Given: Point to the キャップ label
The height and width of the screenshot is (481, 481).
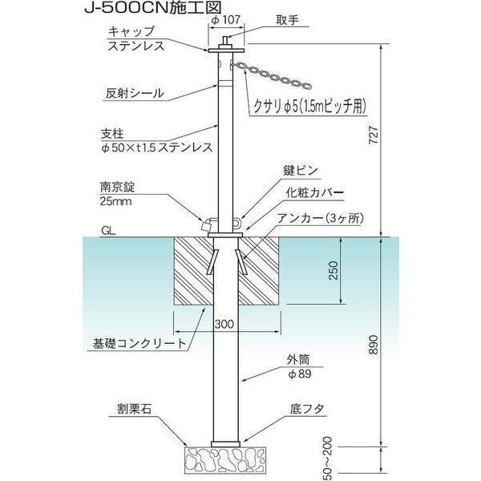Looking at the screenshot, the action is (x=131, y=31).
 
